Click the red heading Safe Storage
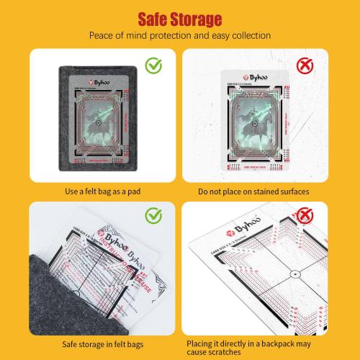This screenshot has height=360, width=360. (x=179, y=17)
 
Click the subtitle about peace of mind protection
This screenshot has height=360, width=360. (x=179, y=35)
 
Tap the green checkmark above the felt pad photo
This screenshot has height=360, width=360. (x=153, y=66)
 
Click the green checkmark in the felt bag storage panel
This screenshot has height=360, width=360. (x=153, y=214)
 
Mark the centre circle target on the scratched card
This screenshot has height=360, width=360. (x=275, y=274)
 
